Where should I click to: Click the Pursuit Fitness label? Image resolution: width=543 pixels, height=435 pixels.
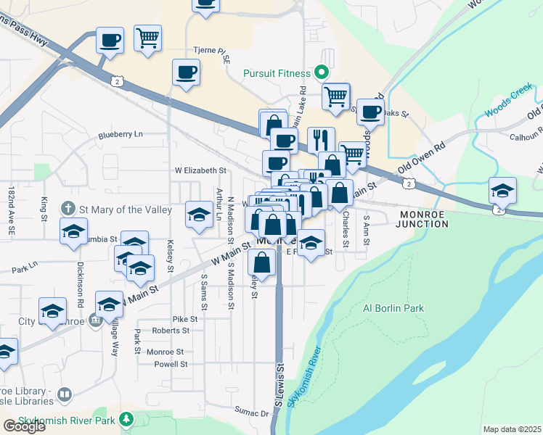(x=276, y=73)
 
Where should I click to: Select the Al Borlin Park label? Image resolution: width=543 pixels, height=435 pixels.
(x=392, y=307)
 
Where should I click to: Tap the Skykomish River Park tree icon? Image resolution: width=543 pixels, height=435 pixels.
(x=126, y=419)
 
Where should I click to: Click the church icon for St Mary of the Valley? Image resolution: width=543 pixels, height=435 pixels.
(x=69, y=210)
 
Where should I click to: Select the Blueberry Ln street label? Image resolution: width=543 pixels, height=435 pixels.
(x=121, y=135)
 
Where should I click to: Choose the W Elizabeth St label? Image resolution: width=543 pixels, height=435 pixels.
(x=200, y=170)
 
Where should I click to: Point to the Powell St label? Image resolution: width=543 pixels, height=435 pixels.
(x=171, y=364)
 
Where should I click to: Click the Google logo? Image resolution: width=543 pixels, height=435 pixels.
(x=25, y=426)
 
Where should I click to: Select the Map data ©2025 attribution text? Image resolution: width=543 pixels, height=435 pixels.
(x=512, y=429)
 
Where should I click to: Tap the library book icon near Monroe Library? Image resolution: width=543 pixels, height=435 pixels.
(x=65, y=394)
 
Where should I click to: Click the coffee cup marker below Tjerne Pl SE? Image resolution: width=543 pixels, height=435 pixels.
(x=186, y=72)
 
